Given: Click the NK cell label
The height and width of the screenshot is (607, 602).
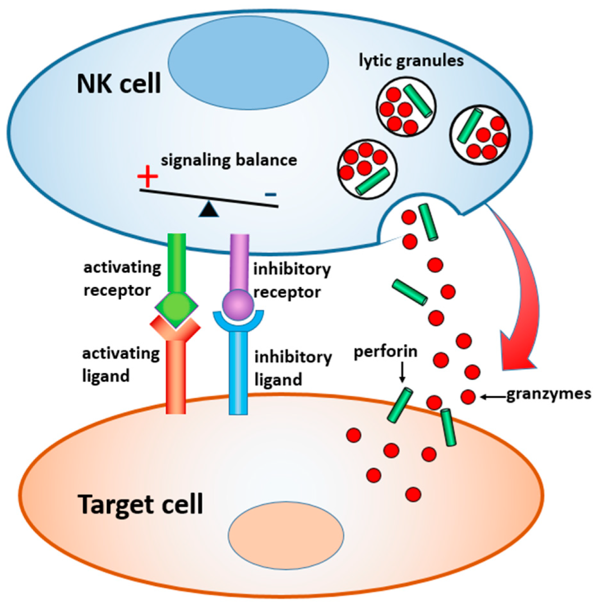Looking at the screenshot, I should (x=119, y=84).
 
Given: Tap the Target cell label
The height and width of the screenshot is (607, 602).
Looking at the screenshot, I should (x=141, y=504).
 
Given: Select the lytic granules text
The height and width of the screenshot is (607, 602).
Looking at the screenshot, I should (x=411, y=61).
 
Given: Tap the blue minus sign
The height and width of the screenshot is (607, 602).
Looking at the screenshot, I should (x=270, y=194).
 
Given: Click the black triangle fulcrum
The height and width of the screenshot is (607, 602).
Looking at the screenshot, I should (x=208, y=209).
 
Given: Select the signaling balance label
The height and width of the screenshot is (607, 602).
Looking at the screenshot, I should (x=229, y=160).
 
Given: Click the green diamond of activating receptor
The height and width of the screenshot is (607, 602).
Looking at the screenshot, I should (x=176, y=307).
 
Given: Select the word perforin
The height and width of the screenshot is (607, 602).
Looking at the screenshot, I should (x=385, y=351).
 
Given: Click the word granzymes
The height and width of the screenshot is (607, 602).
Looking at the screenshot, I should (x=548, y=394).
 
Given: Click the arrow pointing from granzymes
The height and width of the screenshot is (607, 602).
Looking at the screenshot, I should (x=492, y=398).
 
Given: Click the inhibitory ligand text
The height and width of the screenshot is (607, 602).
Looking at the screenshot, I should (x=293, y=368).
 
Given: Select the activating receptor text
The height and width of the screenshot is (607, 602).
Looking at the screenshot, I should (x=122, y=279).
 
